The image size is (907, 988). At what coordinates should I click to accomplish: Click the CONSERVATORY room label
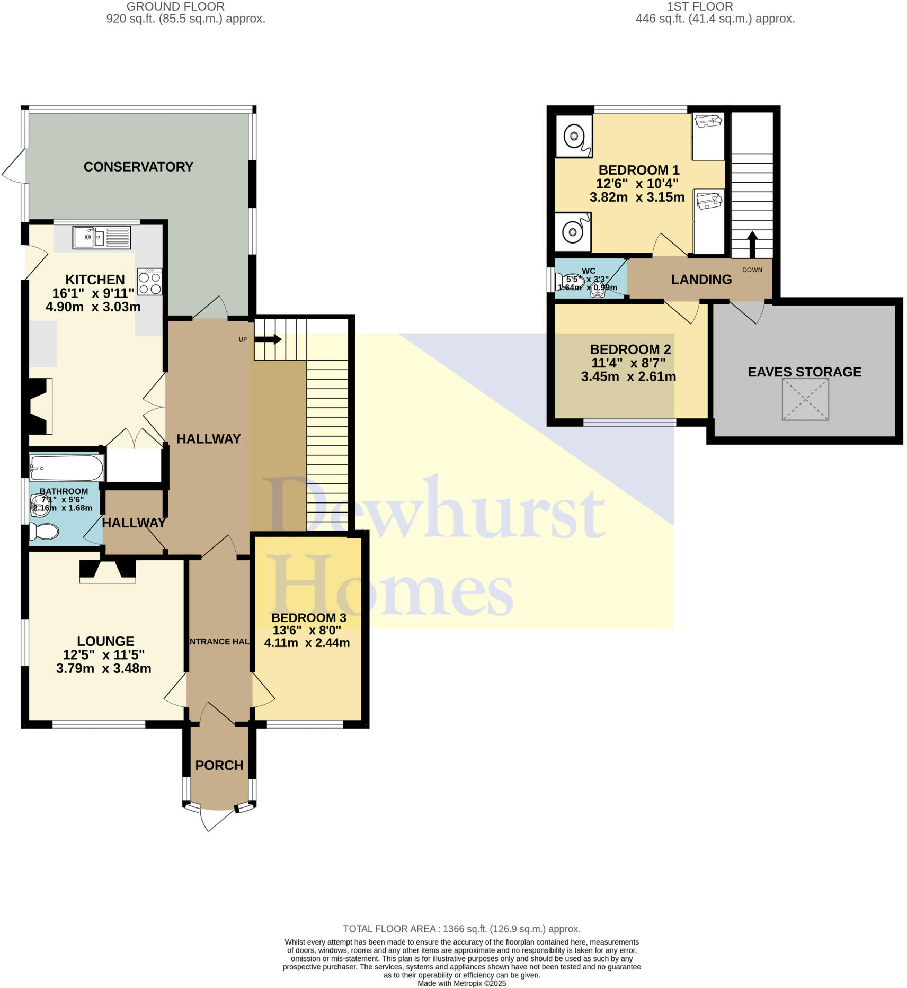tap(138, 167)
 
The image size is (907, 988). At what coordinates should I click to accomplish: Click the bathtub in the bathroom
tap(67, 468)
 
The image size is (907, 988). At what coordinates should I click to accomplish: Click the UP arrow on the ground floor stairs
tap(268, 339)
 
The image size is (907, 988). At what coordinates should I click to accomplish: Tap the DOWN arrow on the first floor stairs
tap(752, 244)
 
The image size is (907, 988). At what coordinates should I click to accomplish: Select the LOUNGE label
tap(105, 641)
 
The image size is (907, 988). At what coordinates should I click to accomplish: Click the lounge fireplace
tap(108, 571)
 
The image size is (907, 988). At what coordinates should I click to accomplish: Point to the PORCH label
tap(219, 765)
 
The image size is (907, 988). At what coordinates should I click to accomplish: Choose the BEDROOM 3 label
tap(308, 618)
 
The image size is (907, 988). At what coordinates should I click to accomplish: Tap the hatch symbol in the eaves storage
tap(805, 400)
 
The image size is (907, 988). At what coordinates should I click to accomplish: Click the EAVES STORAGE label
tap(804, 372)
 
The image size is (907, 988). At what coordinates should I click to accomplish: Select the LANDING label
tap(701, 280)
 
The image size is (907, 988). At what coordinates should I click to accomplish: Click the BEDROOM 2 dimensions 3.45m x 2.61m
tap(628, 377)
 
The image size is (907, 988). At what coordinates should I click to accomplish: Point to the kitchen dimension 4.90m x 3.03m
tap(93, 307)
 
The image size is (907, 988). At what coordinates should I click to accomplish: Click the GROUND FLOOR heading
tap(175, 7)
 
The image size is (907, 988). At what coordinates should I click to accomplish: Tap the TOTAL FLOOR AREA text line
tap(461, 929)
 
